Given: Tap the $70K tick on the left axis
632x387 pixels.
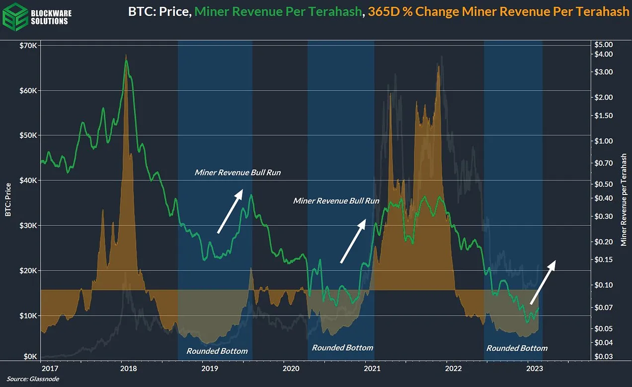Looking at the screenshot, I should (28, 45).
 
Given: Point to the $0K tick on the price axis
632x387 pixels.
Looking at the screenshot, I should (30, 356).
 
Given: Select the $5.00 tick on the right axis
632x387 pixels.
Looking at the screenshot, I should (604, 44).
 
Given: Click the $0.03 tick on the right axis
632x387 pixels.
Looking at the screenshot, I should (604, 357).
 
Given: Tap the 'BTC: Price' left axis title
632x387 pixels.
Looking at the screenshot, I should (8, 199).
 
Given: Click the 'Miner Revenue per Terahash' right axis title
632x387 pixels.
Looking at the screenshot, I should (624, 200).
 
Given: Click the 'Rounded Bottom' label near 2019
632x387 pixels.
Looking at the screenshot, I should (217, 351).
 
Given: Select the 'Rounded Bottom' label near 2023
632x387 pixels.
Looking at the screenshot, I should (517, 348).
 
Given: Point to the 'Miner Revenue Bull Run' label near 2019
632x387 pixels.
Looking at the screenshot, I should (237, 173).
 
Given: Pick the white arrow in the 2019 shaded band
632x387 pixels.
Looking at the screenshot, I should (230, 211).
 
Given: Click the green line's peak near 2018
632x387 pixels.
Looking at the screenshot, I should (126, 61).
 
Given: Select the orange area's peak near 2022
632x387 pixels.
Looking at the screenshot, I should (438, 66).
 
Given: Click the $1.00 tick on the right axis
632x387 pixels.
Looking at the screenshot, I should (604, 141).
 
